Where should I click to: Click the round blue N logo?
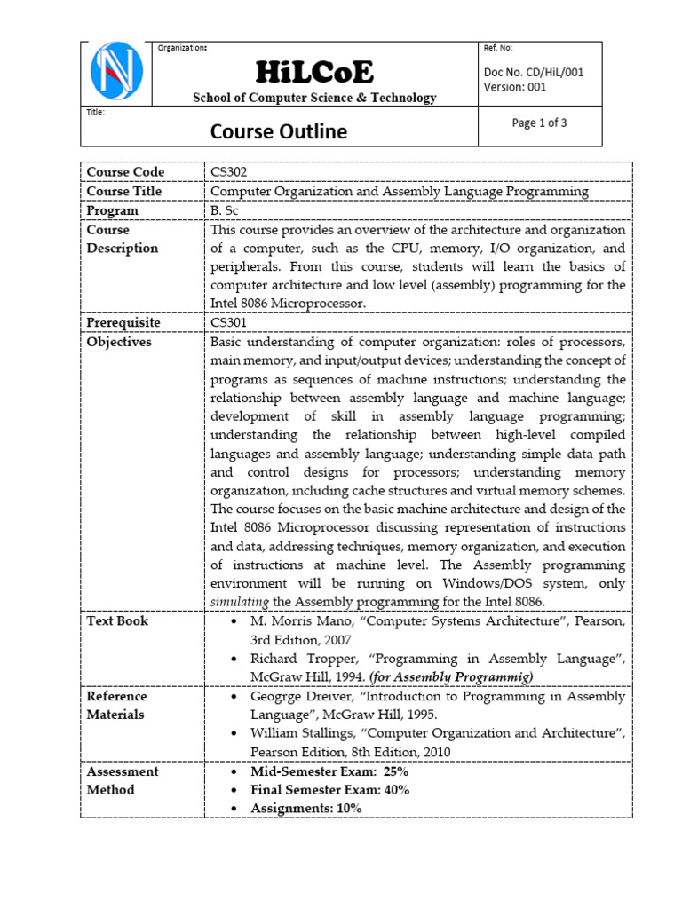tap(117, 72)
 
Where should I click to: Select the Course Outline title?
tap(278, 132)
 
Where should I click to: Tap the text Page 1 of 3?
tap(539, 123)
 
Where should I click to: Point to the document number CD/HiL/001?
tap(533, 72)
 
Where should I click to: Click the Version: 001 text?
tap(515, 87)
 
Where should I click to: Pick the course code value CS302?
tap(229, 171)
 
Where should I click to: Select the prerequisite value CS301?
tap(229, 323)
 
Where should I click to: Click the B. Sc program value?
tap(226, 210)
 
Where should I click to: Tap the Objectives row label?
tap(119, 342)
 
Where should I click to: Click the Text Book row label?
tap(117, 620)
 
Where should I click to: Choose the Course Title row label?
tap(124, 191)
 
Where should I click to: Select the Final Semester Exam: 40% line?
tap(329, 790)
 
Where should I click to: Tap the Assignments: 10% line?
tap(306, 808)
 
